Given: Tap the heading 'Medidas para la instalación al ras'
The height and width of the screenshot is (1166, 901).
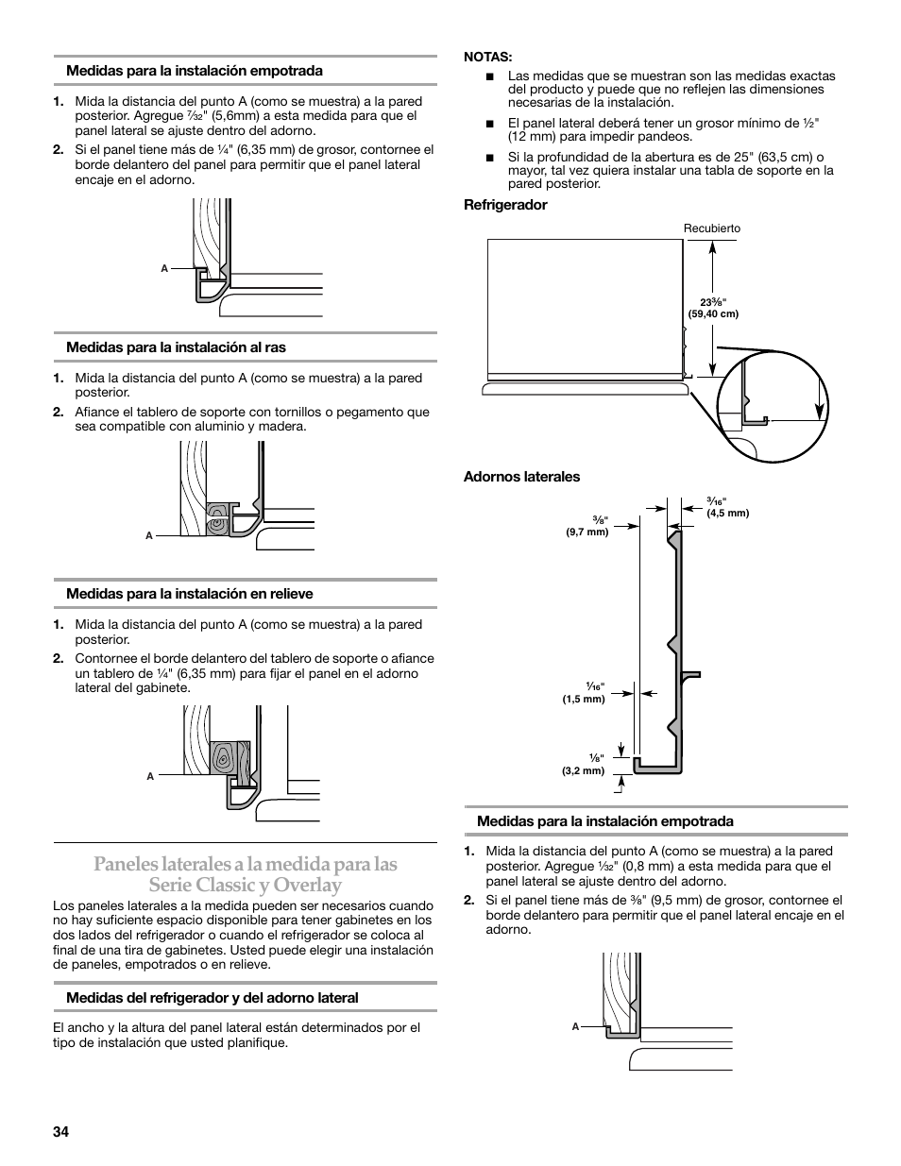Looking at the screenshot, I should (x=176, y=347).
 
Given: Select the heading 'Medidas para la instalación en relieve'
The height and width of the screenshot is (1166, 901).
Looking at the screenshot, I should (x=189, y=594).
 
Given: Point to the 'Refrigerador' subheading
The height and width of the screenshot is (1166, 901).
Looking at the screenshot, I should (x=505, y=205).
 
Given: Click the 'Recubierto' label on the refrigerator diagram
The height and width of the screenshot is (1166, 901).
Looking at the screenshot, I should (x=712, y=228).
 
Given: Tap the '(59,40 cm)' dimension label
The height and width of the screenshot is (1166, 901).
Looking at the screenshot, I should (x=713, y=313).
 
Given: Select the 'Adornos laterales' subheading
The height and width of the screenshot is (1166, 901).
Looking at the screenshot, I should (x=521, y=477).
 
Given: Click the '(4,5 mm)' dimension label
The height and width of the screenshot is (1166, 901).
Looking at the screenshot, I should (x=727, y=513).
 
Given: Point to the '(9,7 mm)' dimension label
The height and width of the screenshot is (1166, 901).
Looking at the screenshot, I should (x=587, y=532).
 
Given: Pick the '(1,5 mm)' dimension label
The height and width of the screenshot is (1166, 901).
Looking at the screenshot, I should (x=584, y=699).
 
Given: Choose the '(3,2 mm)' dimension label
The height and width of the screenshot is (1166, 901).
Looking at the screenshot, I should (x=583, y=770).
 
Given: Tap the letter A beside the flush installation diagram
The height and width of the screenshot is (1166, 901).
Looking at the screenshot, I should (x=149, y=536).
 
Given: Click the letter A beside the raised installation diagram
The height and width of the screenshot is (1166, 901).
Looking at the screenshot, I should (x=150, y=776).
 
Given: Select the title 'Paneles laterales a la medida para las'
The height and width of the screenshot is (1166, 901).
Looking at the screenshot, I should (x=245, y=864).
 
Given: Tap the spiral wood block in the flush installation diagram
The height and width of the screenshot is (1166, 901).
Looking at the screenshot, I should (x=218, y=515).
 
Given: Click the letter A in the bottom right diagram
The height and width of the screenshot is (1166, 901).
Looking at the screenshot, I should (x=575, y=1026).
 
